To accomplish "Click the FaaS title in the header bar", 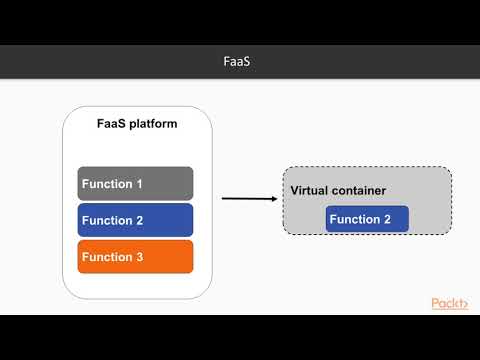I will coord(240,62).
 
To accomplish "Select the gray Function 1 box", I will coord(135,184).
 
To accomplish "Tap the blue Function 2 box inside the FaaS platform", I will coord(135,220).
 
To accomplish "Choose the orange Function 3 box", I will coord(135,257).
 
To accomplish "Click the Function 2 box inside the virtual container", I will coord(367,219).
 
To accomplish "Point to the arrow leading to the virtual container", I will coord(248,198).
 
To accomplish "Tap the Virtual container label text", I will coord(338,190).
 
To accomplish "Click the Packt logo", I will coord(451,303).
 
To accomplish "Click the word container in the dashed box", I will coord(359,190).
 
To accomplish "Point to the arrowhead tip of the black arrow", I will coord(277,198).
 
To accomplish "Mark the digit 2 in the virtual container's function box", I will coord(388,219).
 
